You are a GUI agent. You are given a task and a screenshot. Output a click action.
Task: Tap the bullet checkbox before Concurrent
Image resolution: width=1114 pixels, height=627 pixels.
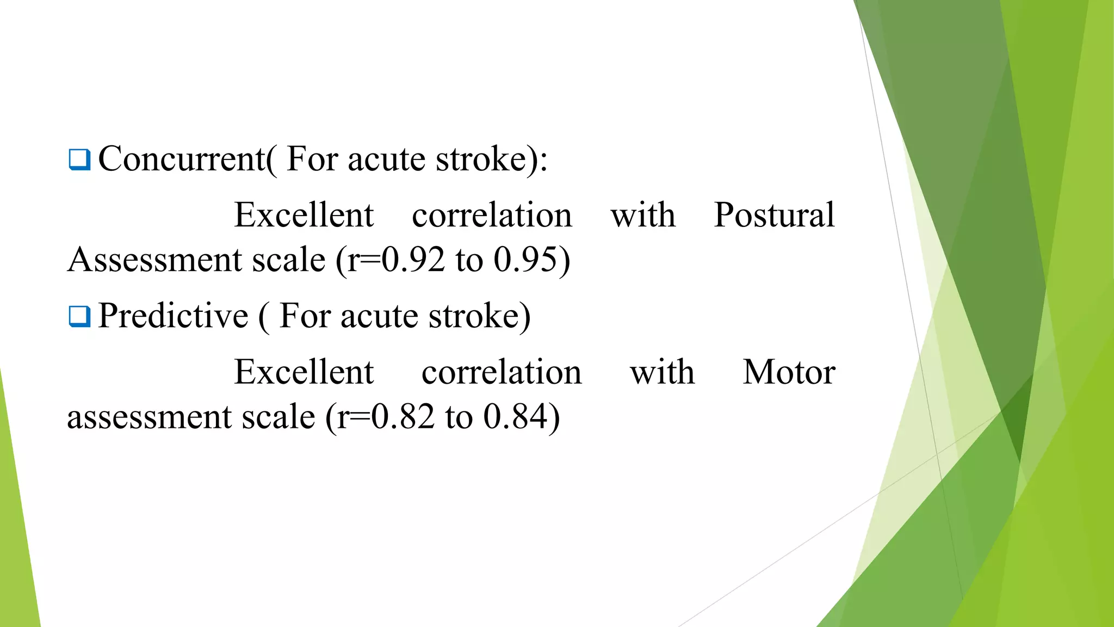click(79, 159)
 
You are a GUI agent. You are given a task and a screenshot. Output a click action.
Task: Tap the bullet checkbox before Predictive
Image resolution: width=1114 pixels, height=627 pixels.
click(79, 316)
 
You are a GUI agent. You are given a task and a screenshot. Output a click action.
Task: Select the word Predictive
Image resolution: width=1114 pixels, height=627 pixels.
click(173, 316)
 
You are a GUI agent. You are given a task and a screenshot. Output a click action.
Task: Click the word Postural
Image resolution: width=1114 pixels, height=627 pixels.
click(774, 215)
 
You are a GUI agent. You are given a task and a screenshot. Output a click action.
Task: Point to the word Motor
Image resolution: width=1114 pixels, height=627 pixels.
click(789, 372)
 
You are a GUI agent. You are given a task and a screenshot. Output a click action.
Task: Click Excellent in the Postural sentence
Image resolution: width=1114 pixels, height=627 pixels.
click(304, 215)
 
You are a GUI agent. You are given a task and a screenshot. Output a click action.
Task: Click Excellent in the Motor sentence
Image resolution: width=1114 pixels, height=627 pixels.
click(304, 372)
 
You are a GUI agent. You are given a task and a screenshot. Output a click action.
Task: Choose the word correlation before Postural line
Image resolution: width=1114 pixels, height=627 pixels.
click(492, 215)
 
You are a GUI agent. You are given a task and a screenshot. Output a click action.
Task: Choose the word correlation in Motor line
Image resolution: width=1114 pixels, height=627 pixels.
click(502, 372)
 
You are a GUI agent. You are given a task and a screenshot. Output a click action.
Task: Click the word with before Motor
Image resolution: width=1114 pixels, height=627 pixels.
click(662, 372)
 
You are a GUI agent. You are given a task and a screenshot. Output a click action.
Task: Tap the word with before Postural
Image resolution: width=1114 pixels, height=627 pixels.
click(643, 215)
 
